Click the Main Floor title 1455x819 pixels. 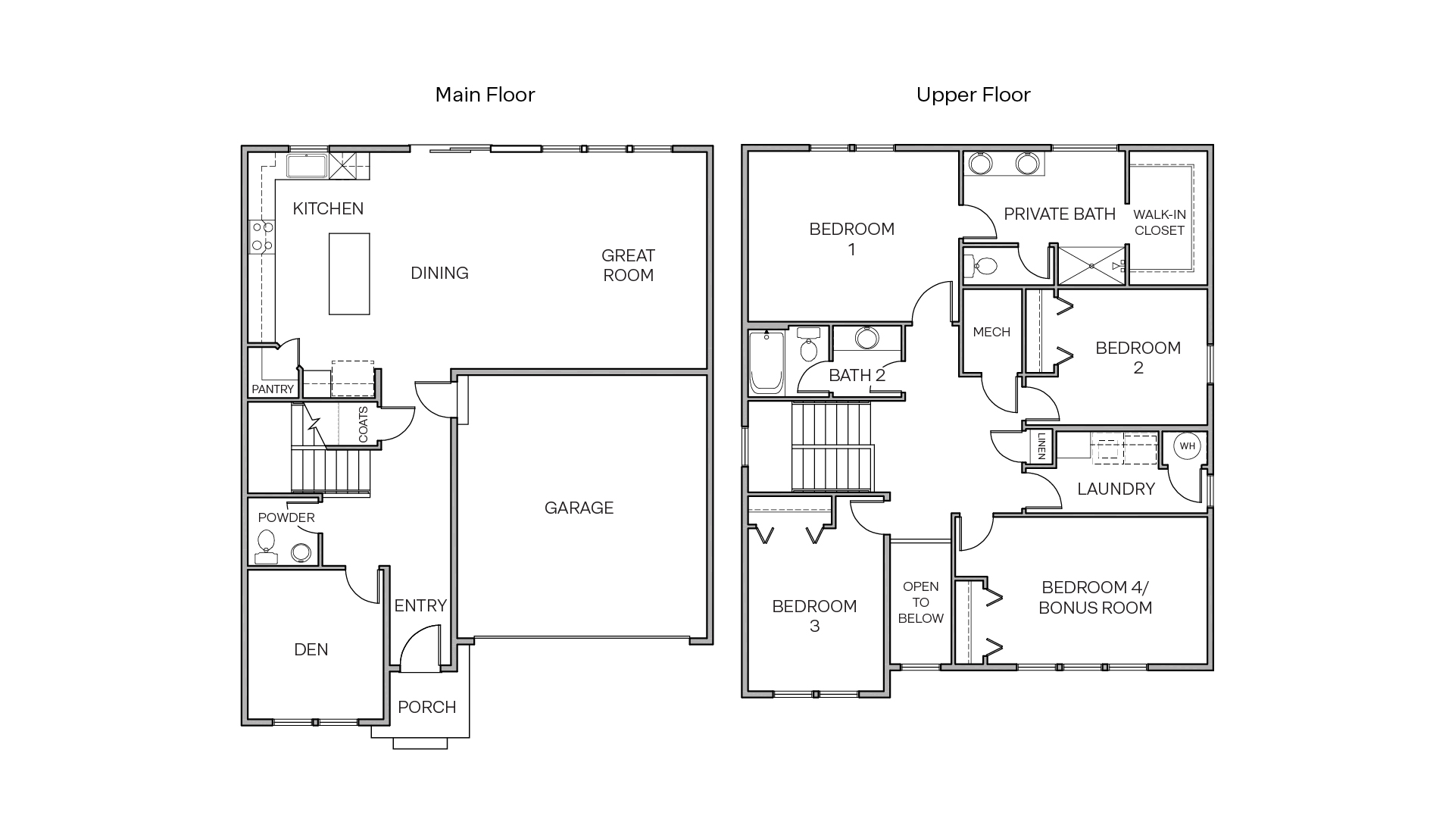pyautogui.click(x=485, y=95)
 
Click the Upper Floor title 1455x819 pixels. pyautogui.click(x=973, y=95)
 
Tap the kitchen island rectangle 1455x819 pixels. pyautogui.click(x=349, y=274)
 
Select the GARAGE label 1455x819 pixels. pyautogui.click(x=579, y=508)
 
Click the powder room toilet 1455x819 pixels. pyautogui.click(x=266, y=542)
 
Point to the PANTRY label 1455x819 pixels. pyautogui.click(x=273, y=389)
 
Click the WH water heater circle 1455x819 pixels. pyautogui.click(x=1187, y=446)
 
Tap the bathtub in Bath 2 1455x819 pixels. pyautogui.click(x=766, y=362)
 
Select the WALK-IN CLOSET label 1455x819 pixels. pyautogui.click(x=1160, y=223)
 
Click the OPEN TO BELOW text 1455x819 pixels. pyautogui.click(x=920, y=602)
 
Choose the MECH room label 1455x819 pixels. pyautogui.click(x=991, y=332)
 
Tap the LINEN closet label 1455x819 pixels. pyautogui.click(x=1041, y=446)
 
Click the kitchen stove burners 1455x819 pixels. pyautogui.click(x=262, y=236)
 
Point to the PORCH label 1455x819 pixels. pyautogui.click(x=427, y=707)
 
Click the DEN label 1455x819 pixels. pyautogui.click(x=311, y=649)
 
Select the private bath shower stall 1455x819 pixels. pyautogui.click(x=1091, y=266)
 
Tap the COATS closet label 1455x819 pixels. pyautogui.click(x=363, y=425)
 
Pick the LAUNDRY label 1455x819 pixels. pyautogui.click(x=1116, y=489)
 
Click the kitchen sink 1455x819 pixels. pyautogui.click(x=307, y=166)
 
